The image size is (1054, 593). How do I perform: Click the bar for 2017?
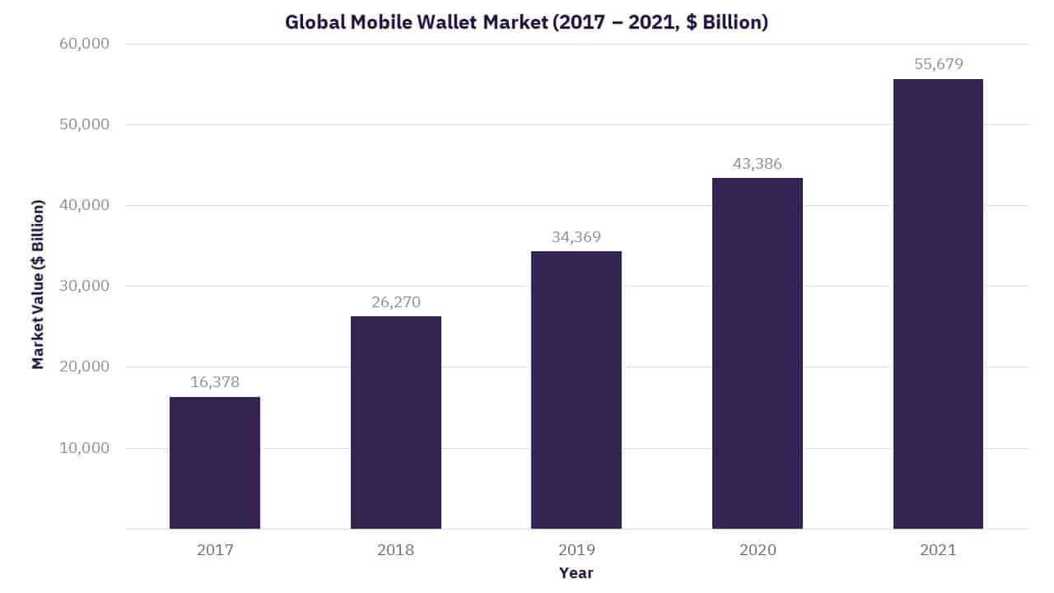click(215, 463)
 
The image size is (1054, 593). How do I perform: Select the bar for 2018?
click(395, 423)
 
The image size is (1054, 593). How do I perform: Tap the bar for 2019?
click(576, 390)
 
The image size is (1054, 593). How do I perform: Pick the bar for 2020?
click(757, 353)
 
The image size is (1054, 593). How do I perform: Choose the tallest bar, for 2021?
click(938, 304)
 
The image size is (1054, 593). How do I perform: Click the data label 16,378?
click(215, 382)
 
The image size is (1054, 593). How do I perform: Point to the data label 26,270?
click(395, 302)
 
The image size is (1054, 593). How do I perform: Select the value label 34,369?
click(576, 237)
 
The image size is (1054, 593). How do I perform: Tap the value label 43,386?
click(757, 164)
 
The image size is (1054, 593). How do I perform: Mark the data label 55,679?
click(938, 64)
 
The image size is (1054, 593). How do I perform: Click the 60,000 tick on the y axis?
click(84, 44)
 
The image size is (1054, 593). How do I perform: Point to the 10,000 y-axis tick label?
click(84, 448)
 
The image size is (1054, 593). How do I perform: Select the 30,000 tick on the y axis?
click(84, 286)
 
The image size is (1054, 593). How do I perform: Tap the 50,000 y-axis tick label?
click(84, 124)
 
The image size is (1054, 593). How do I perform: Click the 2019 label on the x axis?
click(576, 549)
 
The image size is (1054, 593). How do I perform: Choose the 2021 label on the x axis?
click(938, 549)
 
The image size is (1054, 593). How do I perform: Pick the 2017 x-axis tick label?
click(215, 549)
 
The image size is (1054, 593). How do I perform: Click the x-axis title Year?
click(576, 572)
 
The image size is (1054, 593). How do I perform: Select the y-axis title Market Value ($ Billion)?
click(38, 284)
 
